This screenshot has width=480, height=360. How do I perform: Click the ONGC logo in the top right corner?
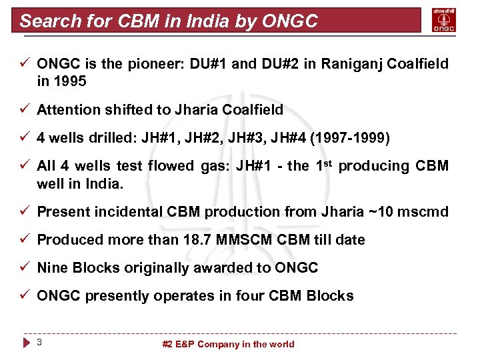(445, 20)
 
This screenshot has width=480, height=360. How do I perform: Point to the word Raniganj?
(352, 64)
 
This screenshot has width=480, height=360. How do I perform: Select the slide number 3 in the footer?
(40, 343)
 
